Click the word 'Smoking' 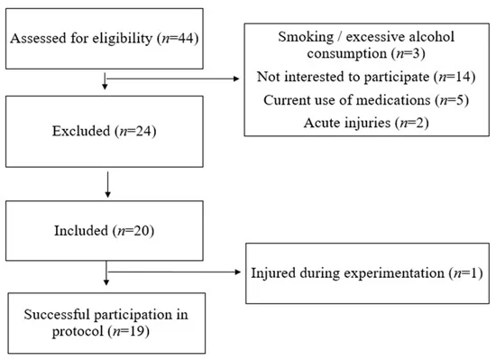[306, 37]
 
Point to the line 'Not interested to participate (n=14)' [366, 77]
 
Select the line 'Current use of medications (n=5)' [366, 100]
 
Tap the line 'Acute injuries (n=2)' [366, 123]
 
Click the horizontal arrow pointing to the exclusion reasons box [173, 78]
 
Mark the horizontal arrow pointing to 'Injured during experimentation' [174, 272]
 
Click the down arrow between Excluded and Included [108, 185]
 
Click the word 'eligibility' [122, 39]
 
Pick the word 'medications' [393, 100]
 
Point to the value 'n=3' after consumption [408, 53]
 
